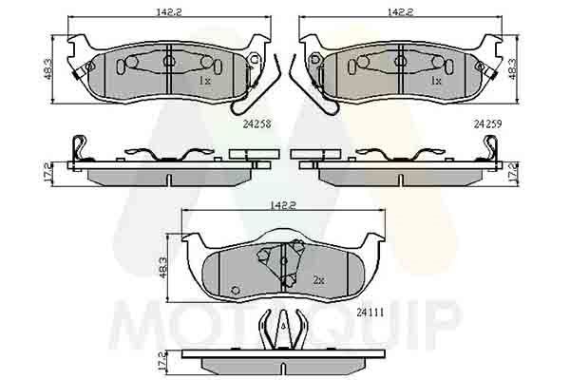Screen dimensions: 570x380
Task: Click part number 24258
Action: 257,124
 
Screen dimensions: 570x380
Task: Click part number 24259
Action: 487,124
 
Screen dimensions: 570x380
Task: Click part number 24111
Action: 370,313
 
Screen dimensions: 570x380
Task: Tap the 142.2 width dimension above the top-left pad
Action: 169,12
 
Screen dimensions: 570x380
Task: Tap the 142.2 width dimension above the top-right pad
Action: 400,12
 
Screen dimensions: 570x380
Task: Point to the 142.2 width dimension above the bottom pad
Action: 283,205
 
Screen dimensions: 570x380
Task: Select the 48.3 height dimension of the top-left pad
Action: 48,69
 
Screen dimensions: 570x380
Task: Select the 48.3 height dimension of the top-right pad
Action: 512,69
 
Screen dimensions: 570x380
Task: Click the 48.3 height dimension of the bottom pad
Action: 162,268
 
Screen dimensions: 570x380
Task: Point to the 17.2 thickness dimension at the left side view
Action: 47,174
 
